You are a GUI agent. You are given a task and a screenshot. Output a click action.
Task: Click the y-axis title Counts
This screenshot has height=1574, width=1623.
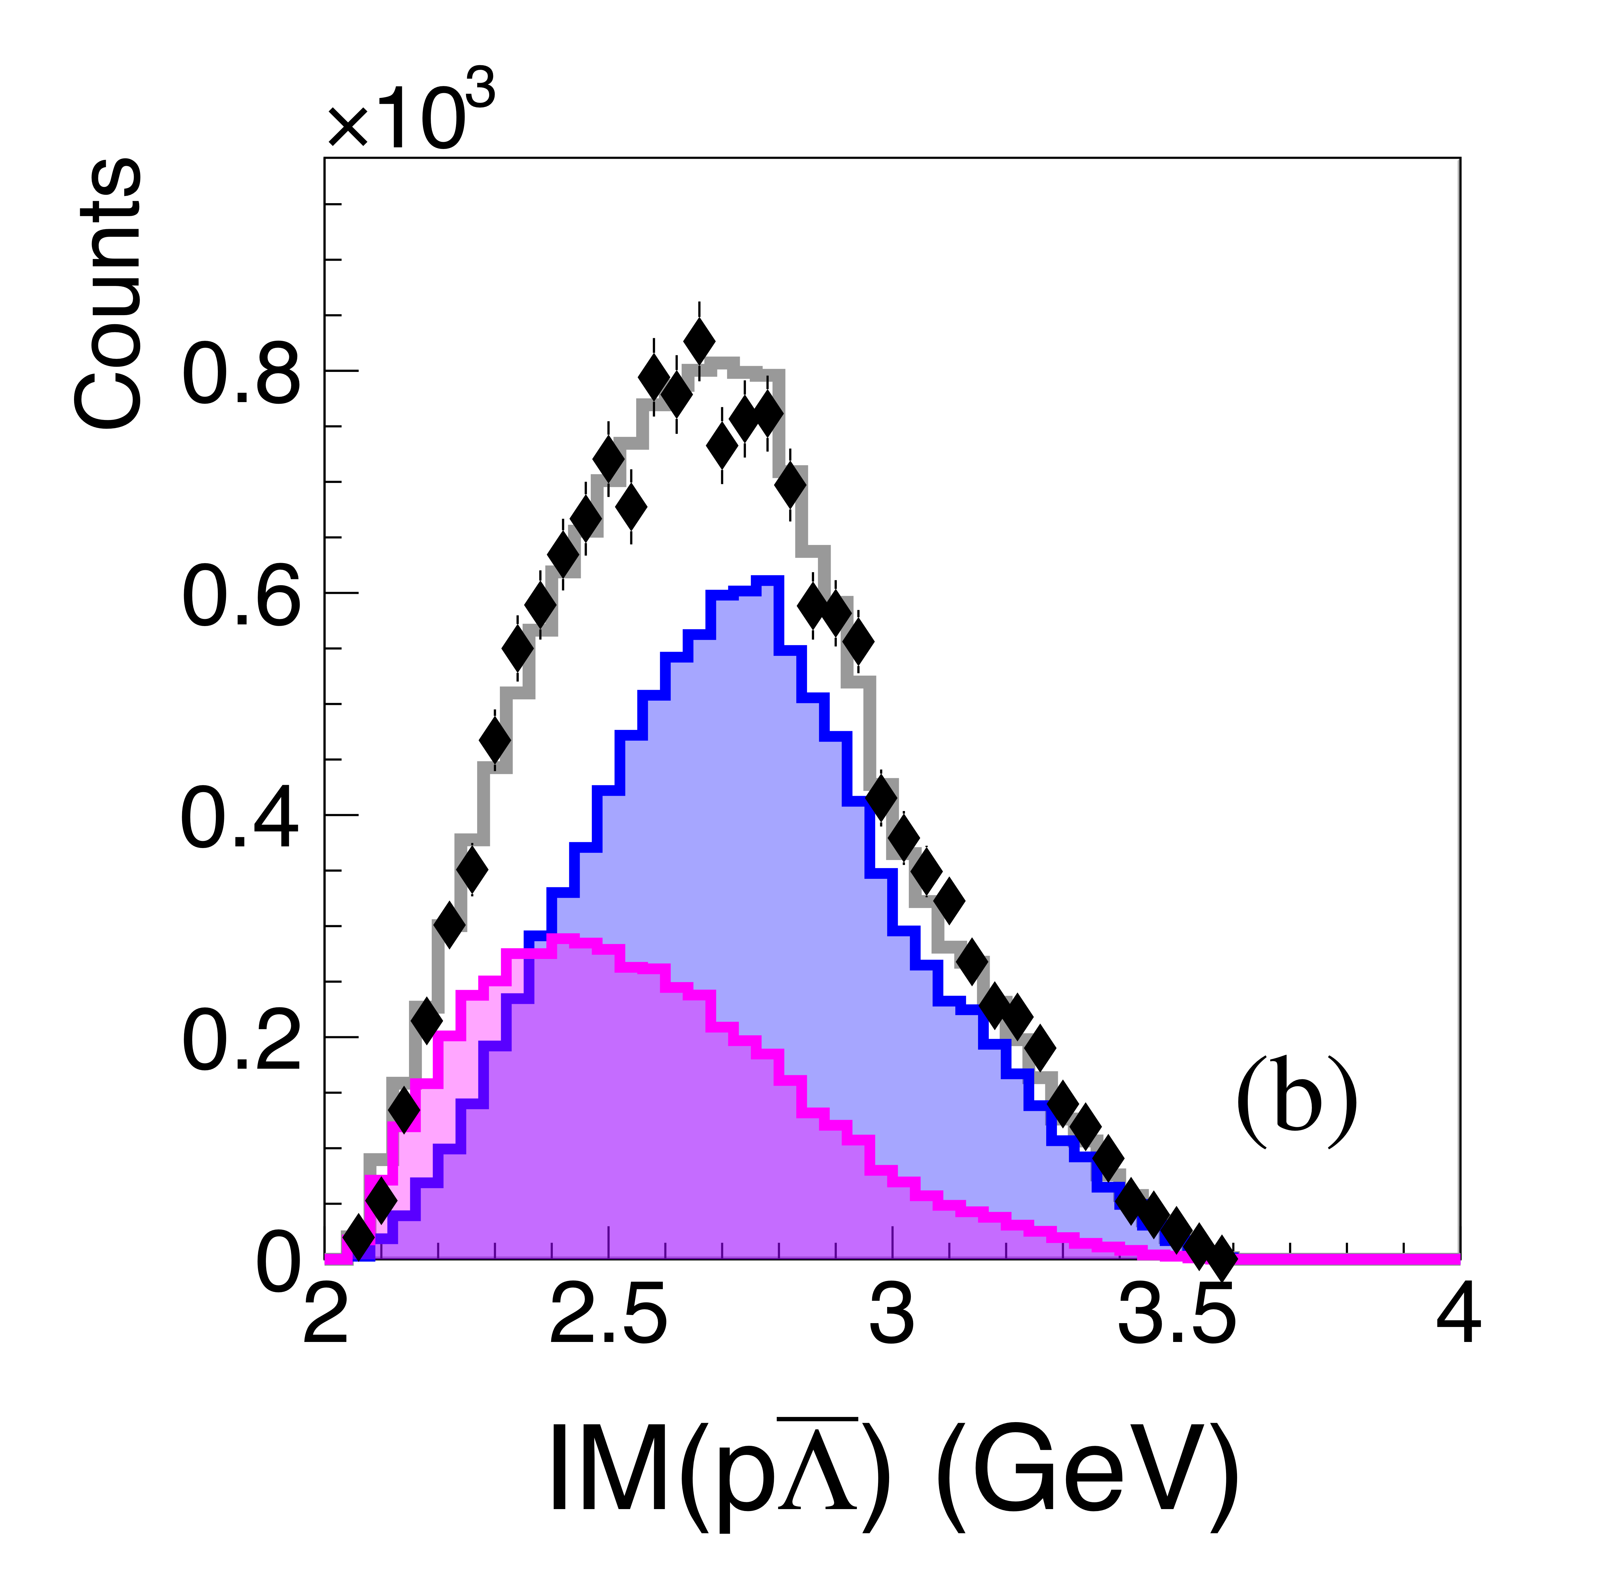108,294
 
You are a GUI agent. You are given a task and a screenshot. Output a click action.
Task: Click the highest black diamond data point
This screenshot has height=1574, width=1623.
700,339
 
